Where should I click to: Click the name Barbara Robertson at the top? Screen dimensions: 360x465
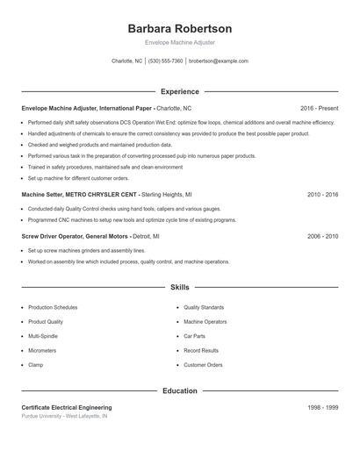tap(179, 28)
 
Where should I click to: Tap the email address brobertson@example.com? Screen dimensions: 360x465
tap(219, 61)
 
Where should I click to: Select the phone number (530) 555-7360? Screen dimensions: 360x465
tap(165, 61)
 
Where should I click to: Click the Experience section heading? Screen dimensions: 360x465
tap(179, 91)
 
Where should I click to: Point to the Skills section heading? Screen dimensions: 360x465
tap(179, 287)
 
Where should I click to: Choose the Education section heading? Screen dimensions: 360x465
tap(179, 390)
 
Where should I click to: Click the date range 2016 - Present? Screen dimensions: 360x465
tap(319, 107)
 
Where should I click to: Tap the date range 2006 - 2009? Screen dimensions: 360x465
tap(323, 236)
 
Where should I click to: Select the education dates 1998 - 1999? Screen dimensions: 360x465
tap(323, 408)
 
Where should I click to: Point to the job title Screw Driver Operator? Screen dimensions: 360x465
tap(54, 236)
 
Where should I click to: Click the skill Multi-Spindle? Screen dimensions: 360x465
tap(45, 336)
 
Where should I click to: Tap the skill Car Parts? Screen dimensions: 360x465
tap(194, 336)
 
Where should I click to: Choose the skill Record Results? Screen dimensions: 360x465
tap(200, 350)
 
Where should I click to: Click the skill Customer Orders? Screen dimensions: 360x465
tap(203, 364)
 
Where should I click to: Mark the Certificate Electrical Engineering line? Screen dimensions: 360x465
tap(67, 408)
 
